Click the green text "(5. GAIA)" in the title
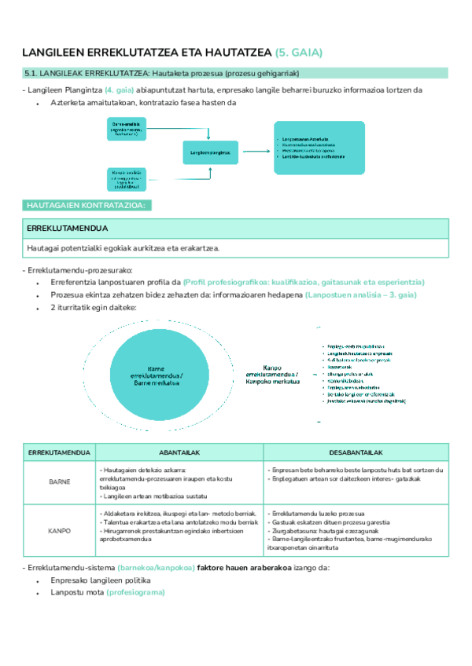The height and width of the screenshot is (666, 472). (x=299, y=53)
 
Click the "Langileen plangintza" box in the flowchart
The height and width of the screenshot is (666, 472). (x=210, y=152)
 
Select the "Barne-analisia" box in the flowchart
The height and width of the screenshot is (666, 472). (x=127, y=129)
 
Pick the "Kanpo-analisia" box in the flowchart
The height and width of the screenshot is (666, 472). (x=127, y=179)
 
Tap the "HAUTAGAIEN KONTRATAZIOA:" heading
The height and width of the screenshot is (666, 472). (x=86, y=205)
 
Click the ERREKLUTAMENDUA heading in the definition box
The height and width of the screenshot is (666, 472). (x=67, y=229)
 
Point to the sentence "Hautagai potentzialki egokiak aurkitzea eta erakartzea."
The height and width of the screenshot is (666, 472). (x=123, y=248)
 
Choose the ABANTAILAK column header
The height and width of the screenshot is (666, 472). (x=180, y=453)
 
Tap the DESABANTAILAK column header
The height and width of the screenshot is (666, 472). (x=356, y=453)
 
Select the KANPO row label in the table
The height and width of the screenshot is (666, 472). (x=60, y=531)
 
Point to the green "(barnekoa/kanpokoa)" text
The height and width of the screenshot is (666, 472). (x=155, y=589)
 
